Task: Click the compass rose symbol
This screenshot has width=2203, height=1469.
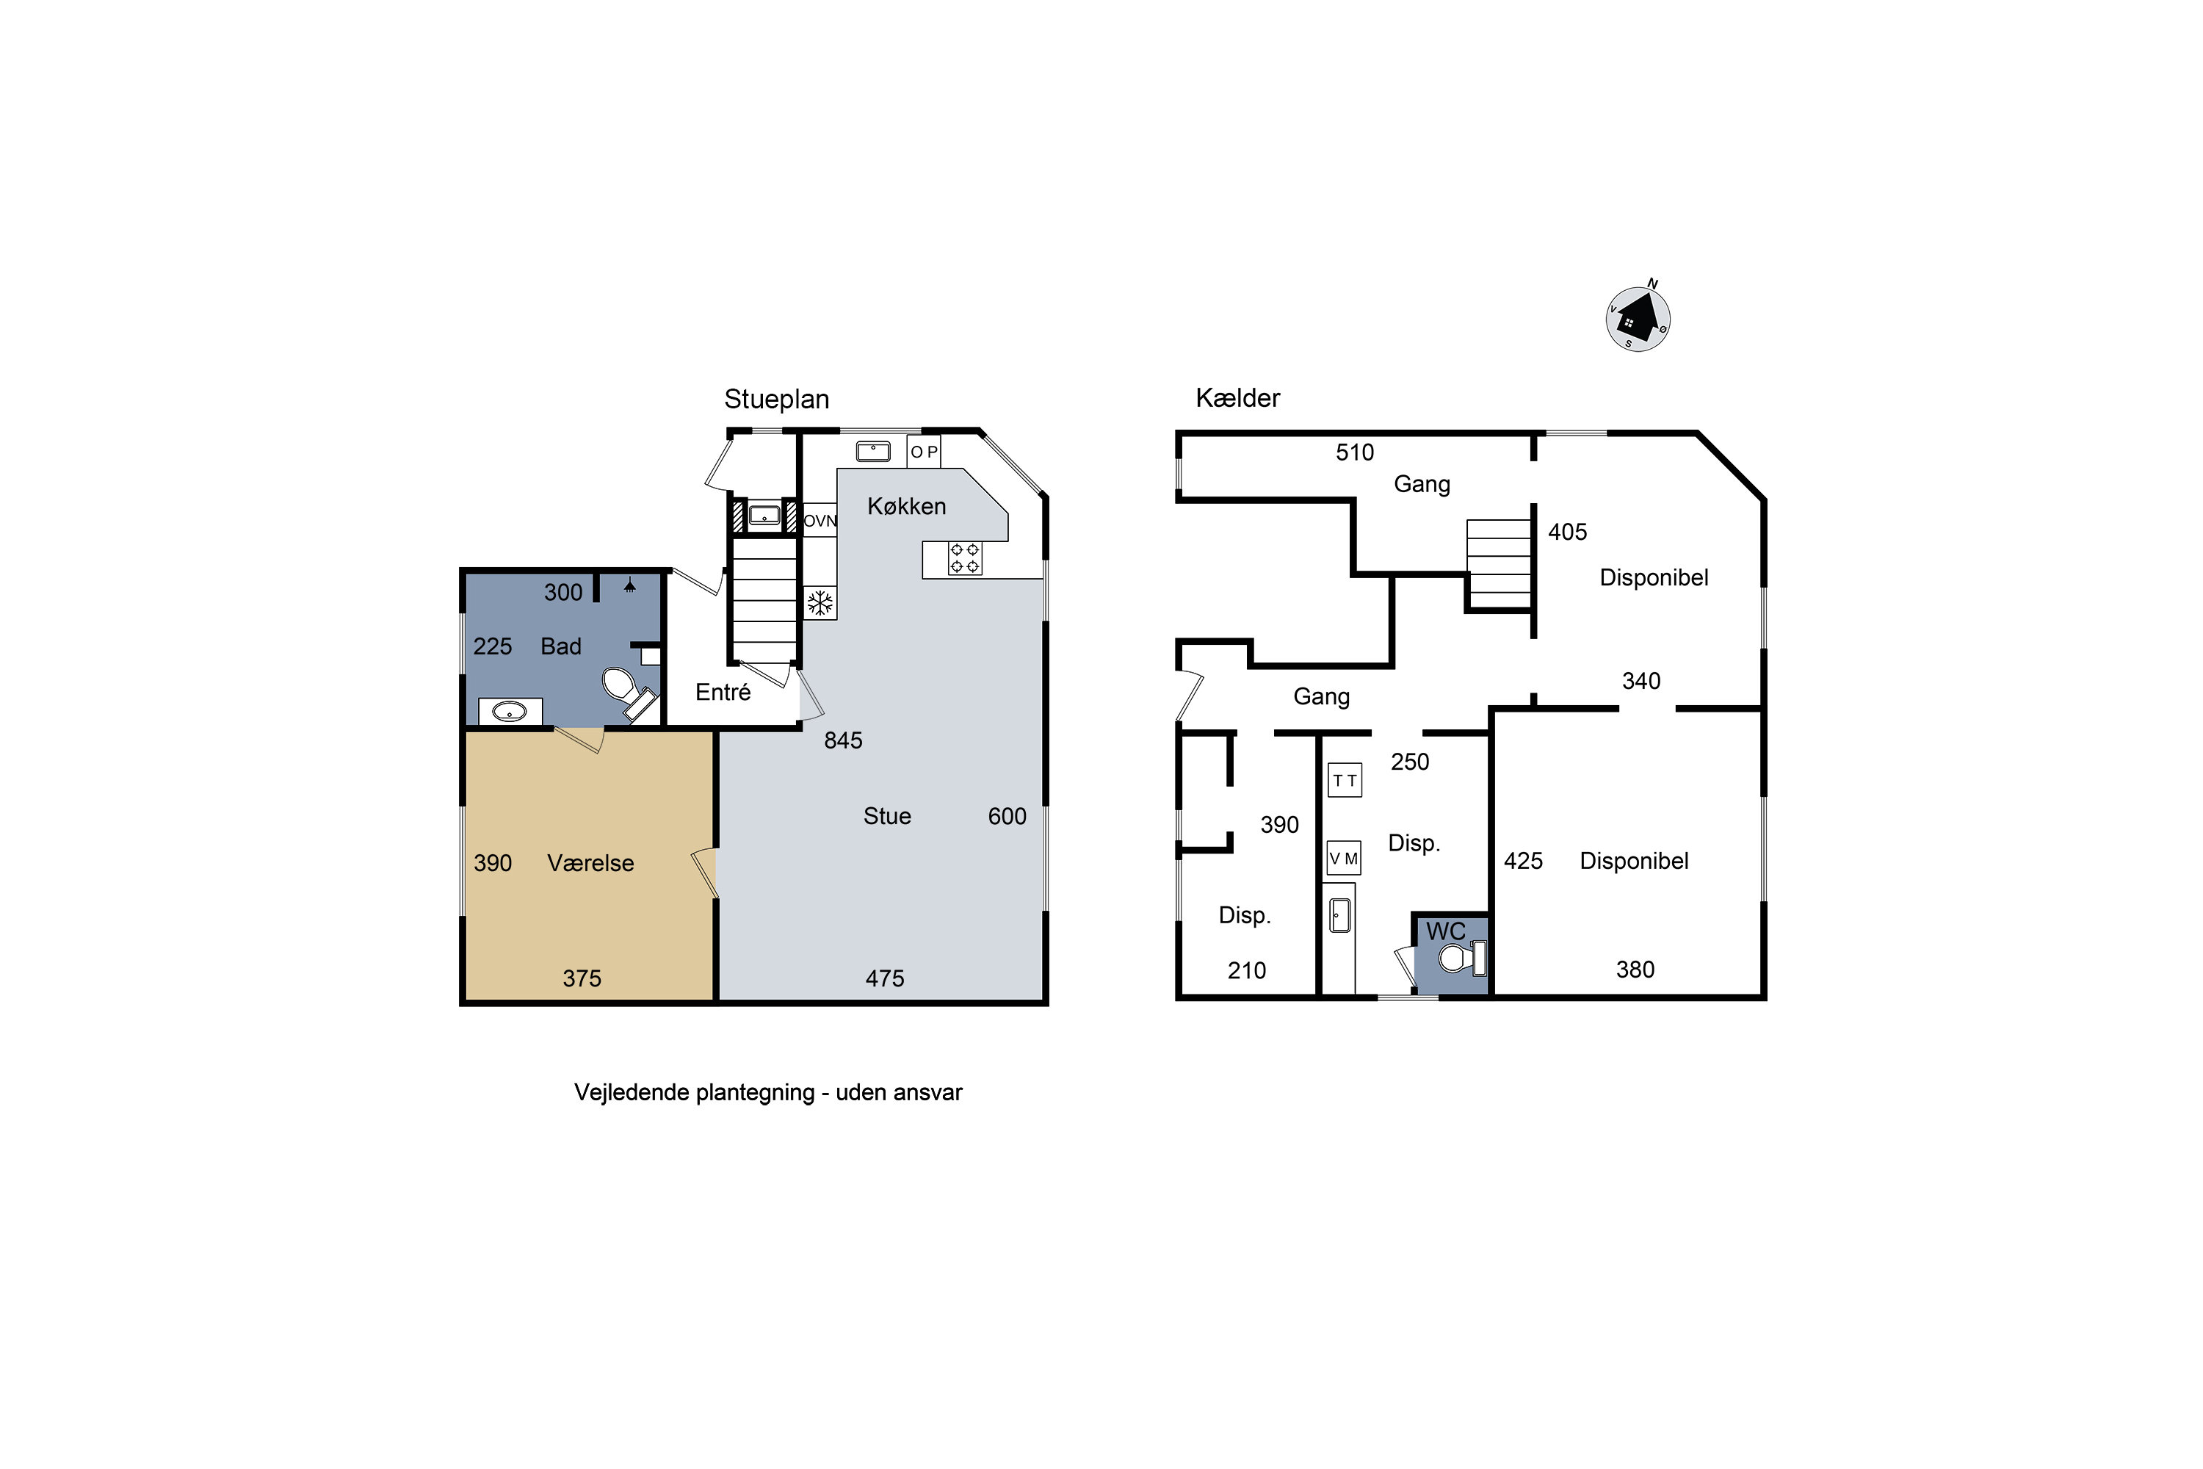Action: point(1638,319)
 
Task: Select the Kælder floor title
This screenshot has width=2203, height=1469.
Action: point(1237,398)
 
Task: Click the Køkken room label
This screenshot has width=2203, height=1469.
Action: point(907,506)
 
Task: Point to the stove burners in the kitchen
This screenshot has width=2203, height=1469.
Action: point(965,558)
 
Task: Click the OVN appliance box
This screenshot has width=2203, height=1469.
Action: point(820,521)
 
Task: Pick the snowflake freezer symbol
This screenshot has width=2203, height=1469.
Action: point(820,603)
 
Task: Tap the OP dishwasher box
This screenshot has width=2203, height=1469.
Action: point(924,452)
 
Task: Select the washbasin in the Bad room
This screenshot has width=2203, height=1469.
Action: point(510,712)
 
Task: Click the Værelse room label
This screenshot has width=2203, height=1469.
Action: point(590,863)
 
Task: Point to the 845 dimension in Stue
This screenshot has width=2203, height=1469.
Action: point(843,740)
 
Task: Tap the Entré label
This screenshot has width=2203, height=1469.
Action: point(723,693)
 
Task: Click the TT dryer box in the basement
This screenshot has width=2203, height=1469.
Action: point(1345,780)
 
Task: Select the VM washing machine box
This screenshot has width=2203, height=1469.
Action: point(1344,858)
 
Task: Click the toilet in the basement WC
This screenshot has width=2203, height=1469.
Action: point(1462,958)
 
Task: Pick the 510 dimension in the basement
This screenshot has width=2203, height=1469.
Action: point(1354,452)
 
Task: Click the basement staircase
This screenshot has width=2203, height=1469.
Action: point(1499,564)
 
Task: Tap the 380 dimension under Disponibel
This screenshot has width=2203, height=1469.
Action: point(1635,970)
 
